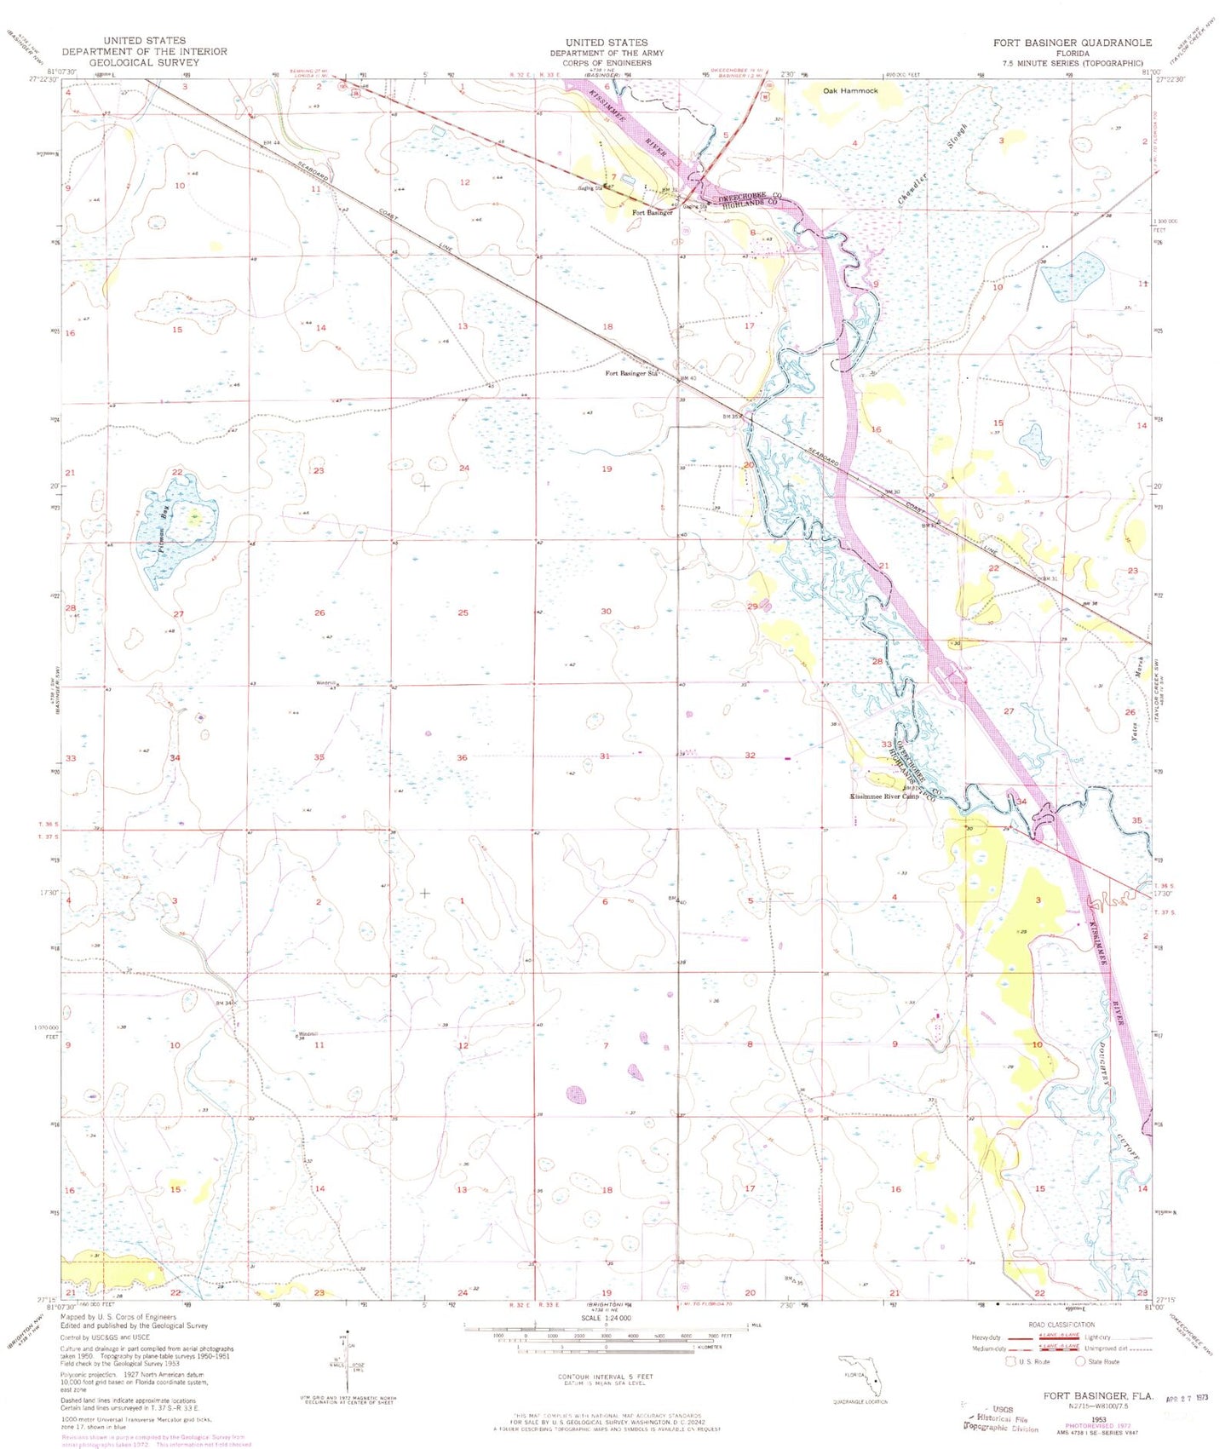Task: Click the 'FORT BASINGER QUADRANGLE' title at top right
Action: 1072,42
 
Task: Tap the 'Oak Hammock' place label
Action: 849,90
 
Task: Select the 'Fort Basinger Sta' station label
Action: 632,373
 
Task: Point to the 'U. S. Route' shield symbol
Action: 1011,1361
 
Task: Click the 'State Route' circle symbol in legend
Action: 1082,1361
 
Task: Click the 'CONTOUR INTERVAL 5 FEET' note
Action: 606,1377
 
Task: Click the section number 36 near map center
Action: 462,757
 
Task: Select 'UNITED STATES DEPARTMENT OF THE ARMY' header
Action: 607,52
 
